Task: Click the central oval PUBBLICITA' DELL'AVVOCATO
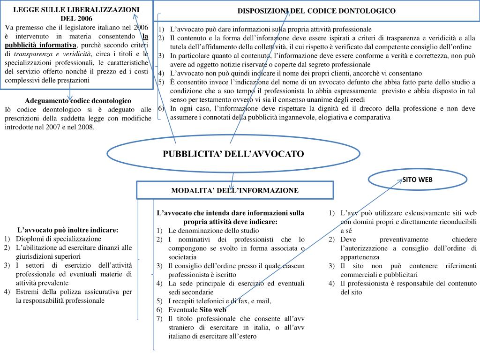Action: pyautogui.click(x=233, y=154)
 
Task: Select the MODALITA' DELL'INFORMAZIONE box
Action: pyautogui.click(x=235, y=190)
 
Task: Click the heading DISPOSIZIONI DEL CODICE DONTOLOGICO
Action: pyautogui.click(x=316, y=11)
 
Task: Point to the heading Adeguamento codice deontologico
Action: pyautogui.click(x=78, y=101)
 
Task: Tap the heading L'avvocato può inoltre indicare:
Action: pyautogui.click(x=68, y=230)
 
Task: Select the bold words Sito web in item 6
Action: pyautogui.click(x=213, y=310)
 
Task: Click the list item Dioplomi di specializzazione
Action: pyautogui.click(x=59, y=239)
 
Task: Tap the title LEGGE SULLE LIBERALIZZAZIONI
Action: pyautogui.click(x=76, y=9)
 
